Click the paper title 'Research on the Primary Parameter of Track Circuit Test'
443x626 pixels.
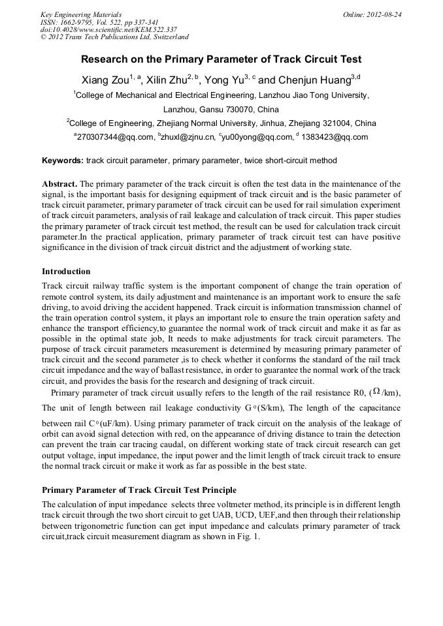[221, 59]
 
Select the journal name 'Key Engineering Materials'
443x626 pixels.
[81, 14]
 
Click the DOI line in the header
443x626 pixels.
[108, 29]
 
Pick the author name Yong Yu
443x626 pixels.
[223, 80]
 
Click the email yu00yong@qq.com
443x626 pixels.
[258, 137]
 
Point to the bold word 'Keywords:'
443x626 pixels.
[63, 160]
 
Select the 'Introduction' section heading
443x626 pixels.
[66, 271]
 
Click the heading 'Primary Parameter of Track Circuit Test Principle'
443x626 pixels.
[139, 490]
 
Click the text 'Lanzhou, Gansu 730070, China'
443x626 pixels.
[221, 109]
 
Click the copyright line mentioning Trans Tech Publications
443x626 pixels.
[114, 37]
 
